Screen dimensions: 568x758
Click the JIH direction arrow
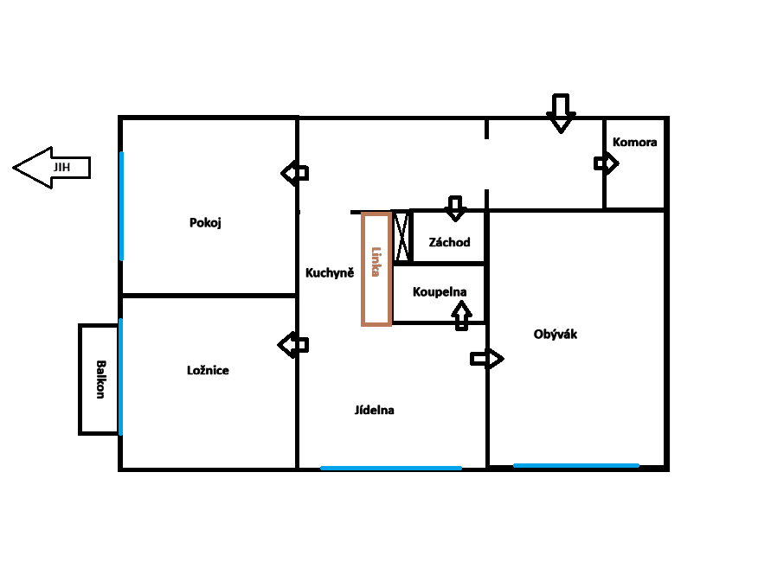click(52, 167)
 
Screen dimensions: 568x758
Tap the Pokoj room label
click(206, 223)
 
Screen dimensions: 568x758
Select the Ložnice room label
click(208, 370)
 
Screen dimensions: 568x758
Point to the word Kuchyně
click(330, 272)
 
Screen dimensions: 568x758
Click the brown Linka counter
click(376, 269)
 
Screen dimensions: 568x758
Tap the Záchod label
click(449, 242)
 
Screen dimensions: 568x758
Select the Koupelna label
click(440, 291)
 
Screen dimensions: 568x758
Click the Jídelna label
click(374, 410)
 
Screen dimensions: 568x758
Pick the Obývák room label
click(556, 335)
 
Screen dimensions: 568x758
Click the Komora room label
click(634, 142)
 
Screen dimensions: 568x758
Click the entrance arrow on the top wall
click(561, 112)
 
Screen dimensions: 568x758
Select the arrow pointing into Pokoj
click(295, 173)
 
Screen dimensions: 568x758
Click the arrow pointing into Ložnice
click(293, 345)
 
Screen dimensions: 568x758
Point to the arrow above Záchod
click(455, 207)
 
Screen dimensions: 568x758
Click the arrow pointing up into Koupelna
click(461, 315)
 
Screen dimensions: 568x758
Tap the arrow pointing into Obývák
click(486, 358)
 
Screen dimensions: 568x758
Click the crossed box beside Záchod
click(401, 236)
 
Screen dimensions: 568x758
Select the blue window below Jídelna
click(390, 468)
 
